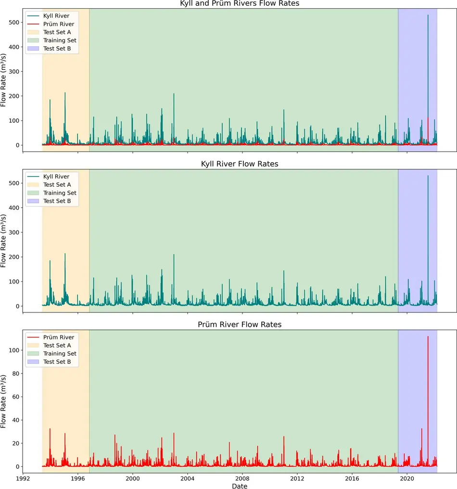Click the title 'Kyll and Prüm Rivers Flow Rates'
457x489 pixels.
(x=239, y=4)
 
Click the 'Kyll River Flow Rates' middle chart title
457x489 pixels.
(x=239, y=164)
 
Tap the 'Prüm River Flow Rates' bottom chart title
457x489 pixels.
(x=239, y=324)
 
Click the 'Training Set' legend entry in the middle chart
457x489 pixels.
(x=60, y=193)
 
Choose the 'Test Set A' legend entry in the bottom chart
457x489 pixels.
(x=57, y=345)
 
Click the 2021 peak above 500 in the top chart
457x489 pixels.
(x=428, y=15)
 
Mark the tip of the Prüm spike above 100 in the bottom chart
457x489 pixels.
(x=428, y=336)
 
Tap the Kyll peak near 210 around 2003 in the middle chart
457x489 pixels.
(x=174, y=255)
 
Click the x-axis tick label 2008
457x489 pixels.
(x=242, y=479)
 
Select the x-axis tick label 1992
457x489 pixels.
(x=23, y=479)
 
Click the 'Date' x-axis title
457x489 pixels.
(x=239, y=486)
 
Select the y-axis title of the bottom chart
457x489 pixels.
(x=4, y=401)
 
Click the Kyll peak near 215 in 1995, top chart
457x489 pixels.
(x=65, y=93)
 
